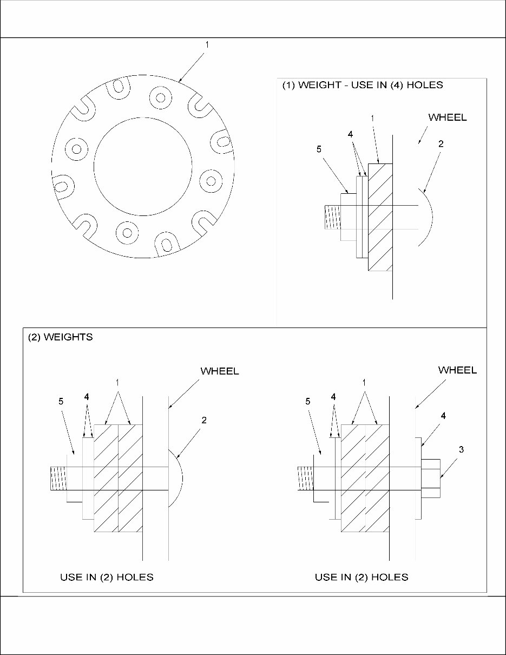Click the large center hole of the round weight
coord(143,166)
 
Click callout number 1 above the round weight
coord(207,45)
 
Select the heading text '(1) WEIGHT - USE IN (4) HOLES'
coord(363,85)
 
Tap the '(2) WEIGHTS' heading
coord(60,337)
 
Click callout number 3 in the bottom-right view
coord(461,449)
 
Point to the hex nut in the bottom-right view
coord(431,478)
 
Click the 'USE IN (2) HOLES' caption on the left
coord(107,577)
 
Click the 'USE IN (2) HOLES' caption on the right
coord(362,577)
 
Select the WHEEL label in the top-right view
coord(448,117)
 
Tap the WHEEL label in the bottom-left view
coord(220,371)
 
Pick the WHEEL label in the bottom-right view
coord(457,370)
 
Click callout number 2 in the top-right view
coord(441,144)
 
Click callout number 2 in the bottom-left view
coord(203,420)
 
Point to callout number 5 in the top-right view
coord(319,149)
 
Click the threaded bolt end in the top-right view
coord(332,217)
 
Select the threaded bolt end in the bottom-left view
coord(58,479)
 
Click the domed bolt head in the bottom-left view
coord(176,479)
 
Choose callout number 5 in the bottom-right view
coord(307,401)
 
